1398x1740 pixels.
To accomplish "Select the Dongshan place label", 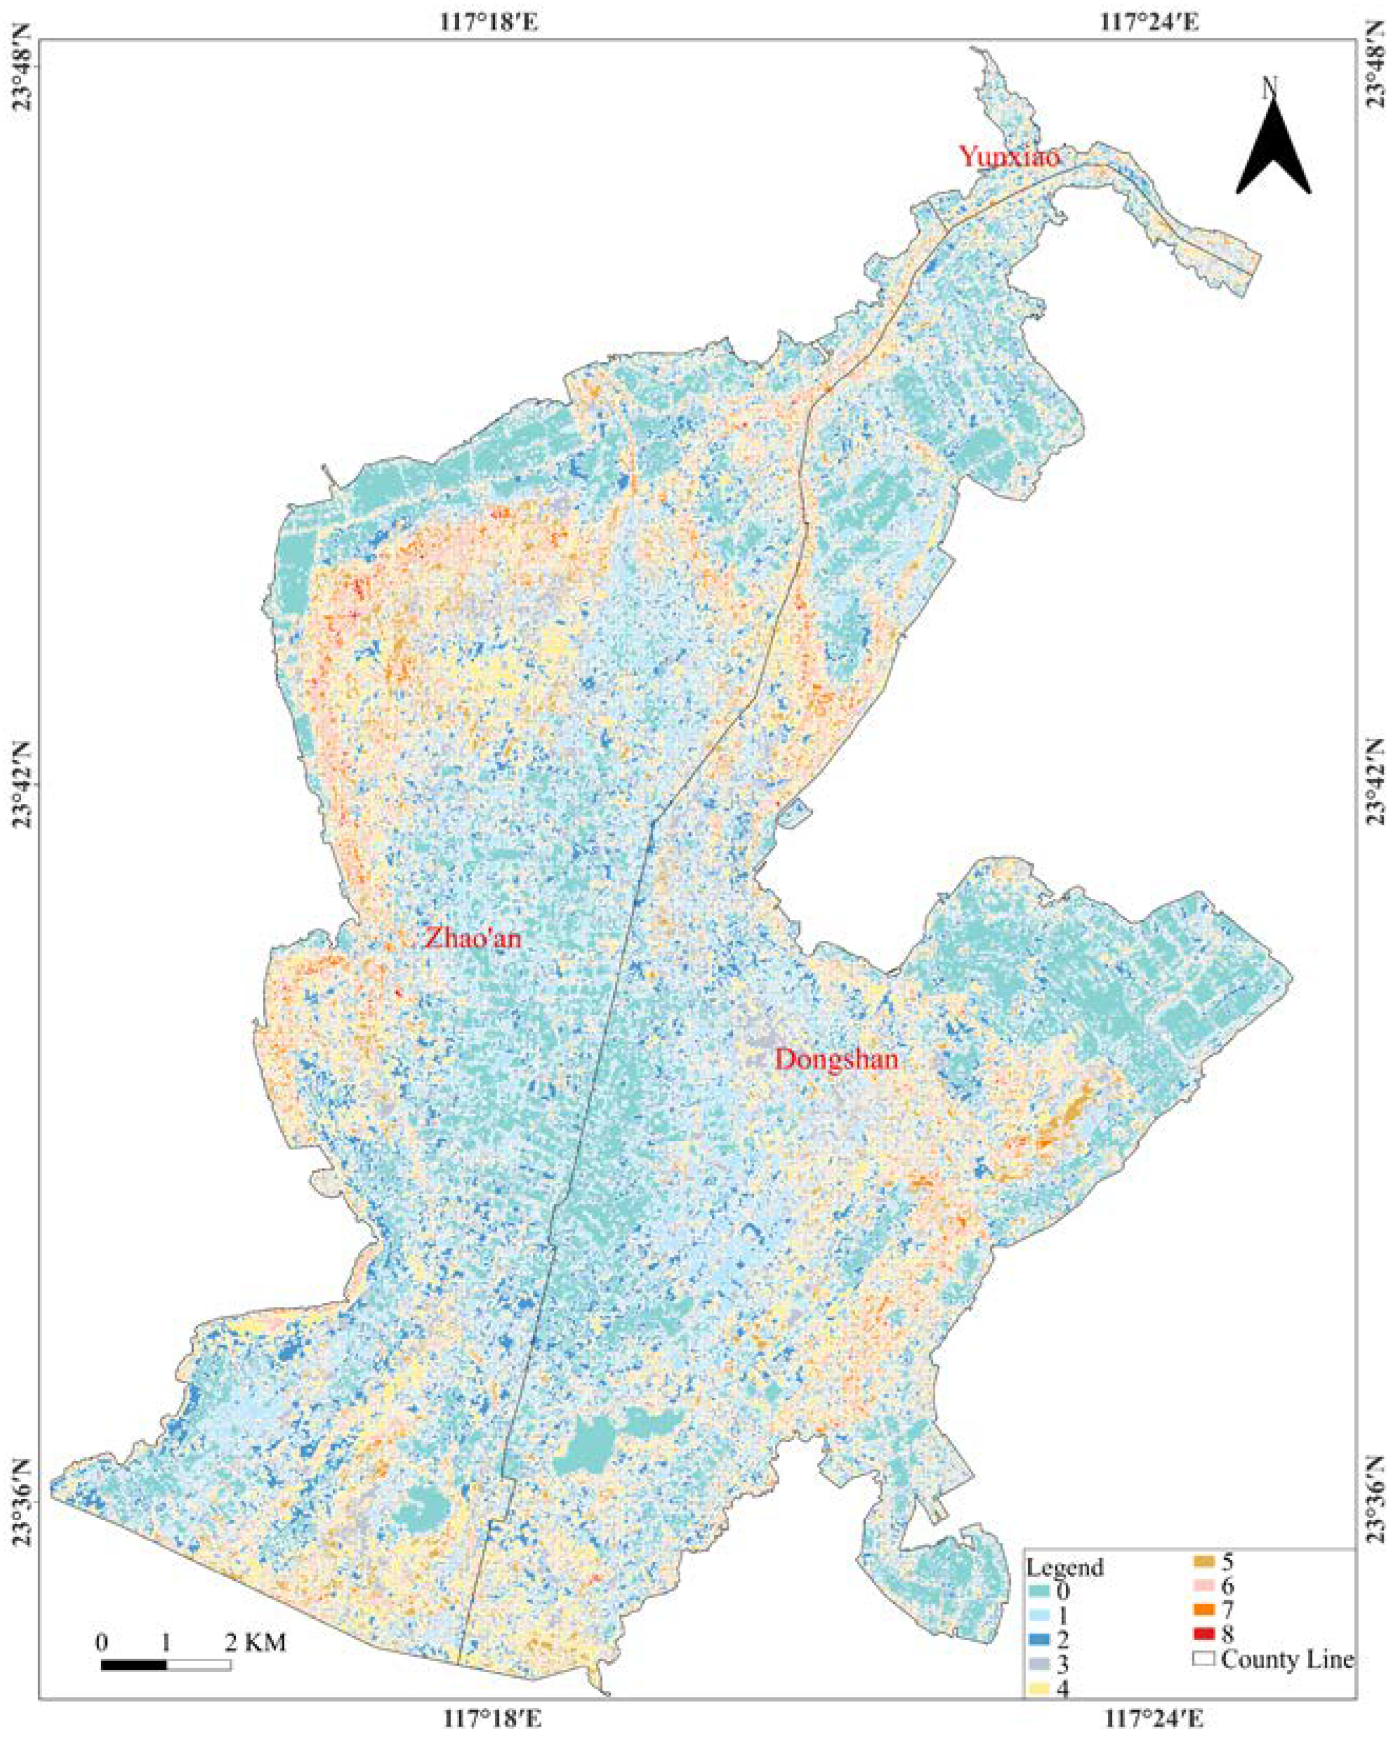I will coord(836,1059).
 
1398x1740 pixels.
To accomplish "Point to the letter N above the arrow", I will coord(1270,87).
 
